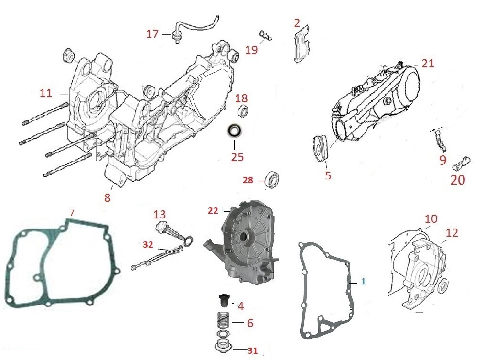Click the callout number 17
pyautogui.click(x=152, y=34)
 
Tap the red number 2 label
pyautogui.click(x=297, y=22)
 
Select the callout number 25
pyautogui.click(x=237, y=157)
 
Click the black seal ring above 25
pyautogui.click(x=235, y=131)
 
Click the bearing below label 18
pyautogui.click(x=244, y=111)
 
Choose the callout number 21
pyautogui.click(x=428, y=64)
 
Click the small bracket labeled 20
pyautogui.click(x=462, y=163)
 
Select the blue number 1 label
pyautogui.click(x=364, y=282)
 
